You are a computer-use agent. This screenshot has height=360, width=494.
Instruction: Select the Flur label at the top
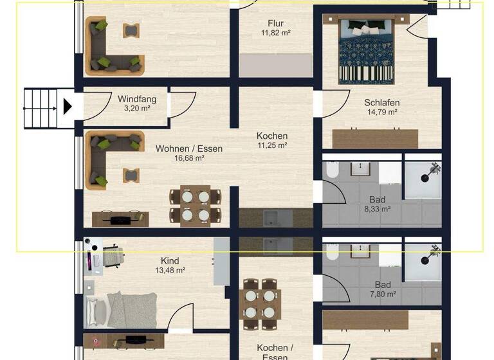click(x=275, y=23)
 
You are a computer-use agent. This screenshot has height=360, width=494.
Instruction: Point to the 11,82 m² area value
click(x=275, y=33)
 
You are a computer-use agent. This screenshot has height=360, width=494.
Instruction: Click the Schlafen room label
click(x=382, y=102)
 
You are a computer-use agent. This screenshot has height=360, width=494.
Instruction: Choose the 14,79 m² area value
click(x=382, y=112)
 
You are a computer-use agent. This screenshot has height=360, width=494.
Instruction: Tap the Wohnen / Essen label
click(x=189, y=148)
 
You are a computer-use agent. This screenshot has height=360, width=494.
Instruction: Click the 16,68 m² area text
click(x=189, y=158)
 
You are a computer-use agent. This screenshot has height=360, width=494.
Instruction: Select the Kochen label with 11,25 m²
click(x=272, y=136)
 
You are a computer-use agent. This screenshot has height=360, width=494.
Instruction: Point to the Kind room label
click(x=170, y=260)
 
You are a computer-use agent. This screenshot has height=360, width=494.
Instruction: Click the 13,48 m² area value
click(x=170, y=271)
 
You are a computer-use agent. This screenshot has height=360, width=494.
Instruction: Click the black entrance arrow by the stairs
click(x=67, y=106)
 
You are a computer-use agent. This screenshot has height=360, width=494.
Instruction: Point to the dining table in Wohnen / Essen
click(x=195, y=206)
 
